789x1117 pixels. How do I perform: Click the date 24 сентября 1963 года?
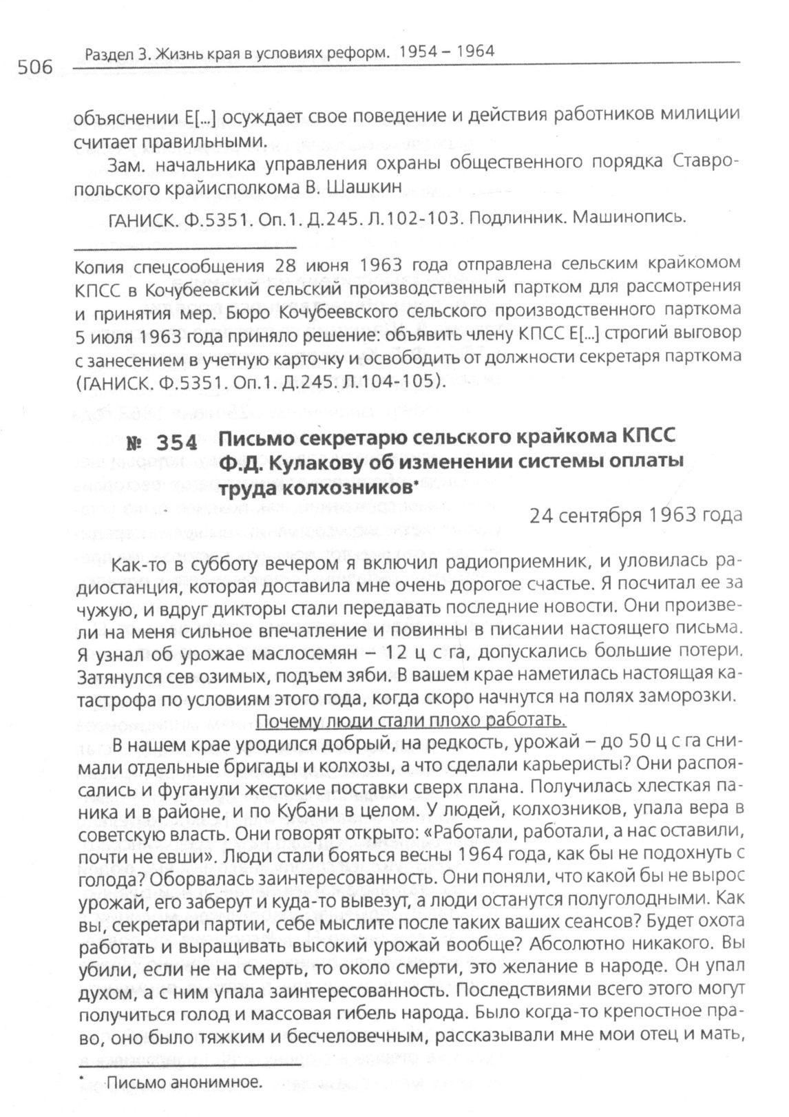point(635,516)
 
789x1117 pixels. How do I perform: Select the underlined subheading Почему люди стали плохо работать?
point(410,721)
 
